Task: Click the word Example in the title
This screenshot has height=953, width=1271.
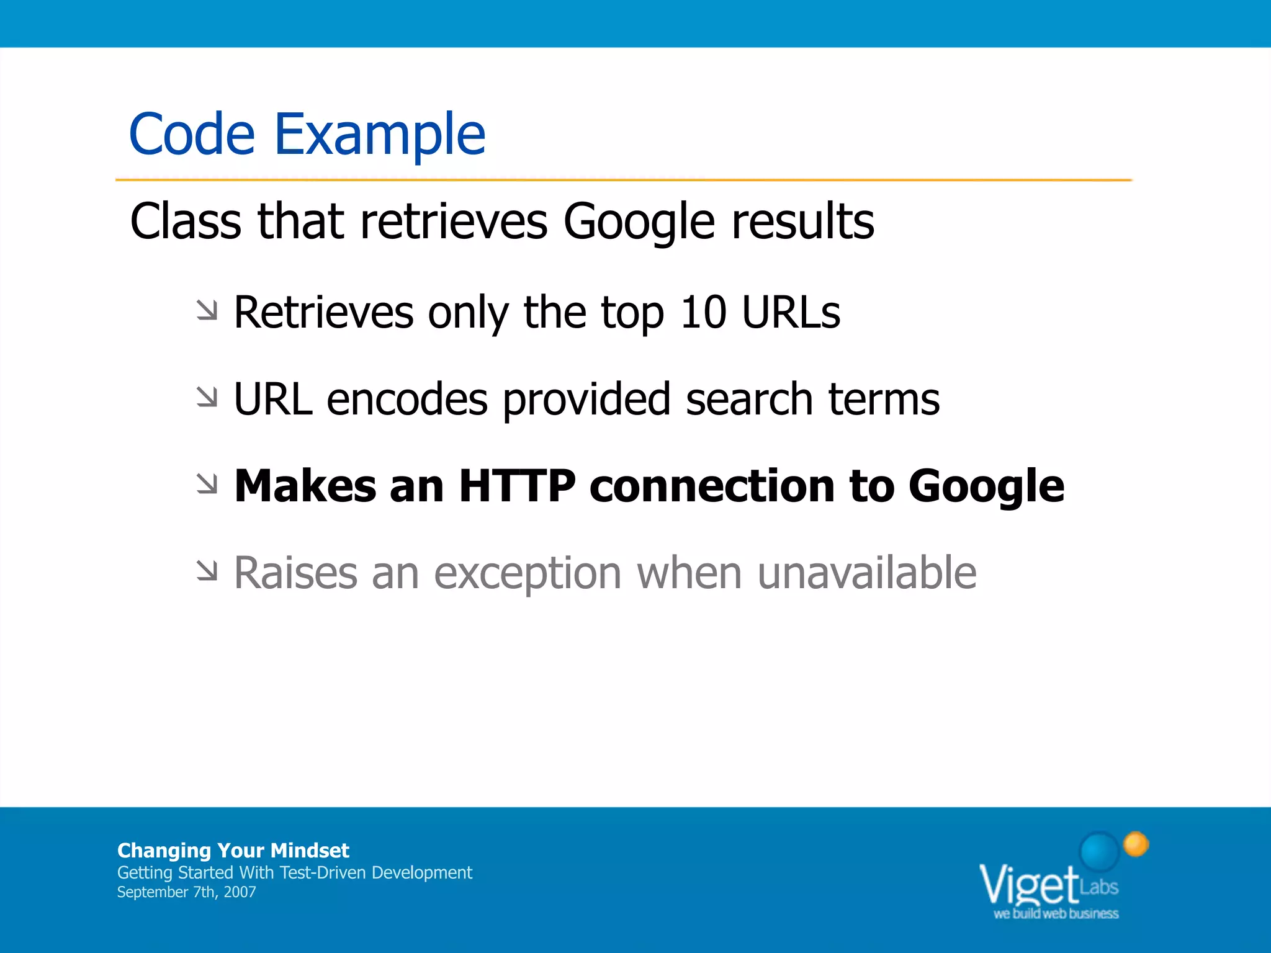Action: click(379, 135)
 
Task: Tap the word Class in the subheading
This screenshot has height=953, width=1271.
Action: click(186, 221)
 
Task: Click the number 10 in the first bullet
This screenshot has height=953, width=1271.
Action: click(703, 312)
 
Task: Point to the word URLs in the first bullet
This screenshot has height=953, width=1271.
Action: click(791, 312)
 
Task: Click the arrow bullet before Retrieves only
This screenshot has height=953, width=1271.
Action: click(207, 310)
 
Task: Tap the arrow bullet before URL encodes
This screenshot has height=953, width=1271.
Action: click(207, 397)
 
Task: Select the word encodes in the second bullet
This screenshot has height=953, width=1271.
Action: click(407, 399)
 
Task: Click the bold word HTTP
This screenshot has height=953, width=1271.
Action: click(517, 486)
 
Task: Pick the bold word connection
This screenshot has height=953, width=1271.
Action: click(712, 486)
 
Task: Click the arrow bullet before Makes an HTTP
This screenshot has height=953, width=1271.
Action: click(207, 484)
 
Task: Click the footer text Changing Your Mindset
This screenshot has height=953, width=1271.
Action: click(233, 850)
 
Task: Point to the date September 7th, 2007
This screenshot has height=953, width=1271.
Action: click(186, 892)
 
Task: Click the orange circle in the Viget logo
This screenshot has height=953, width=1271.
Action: click(1136, 844)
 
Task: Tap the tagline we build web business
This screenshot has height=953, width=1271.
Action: click(1056, 914)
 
